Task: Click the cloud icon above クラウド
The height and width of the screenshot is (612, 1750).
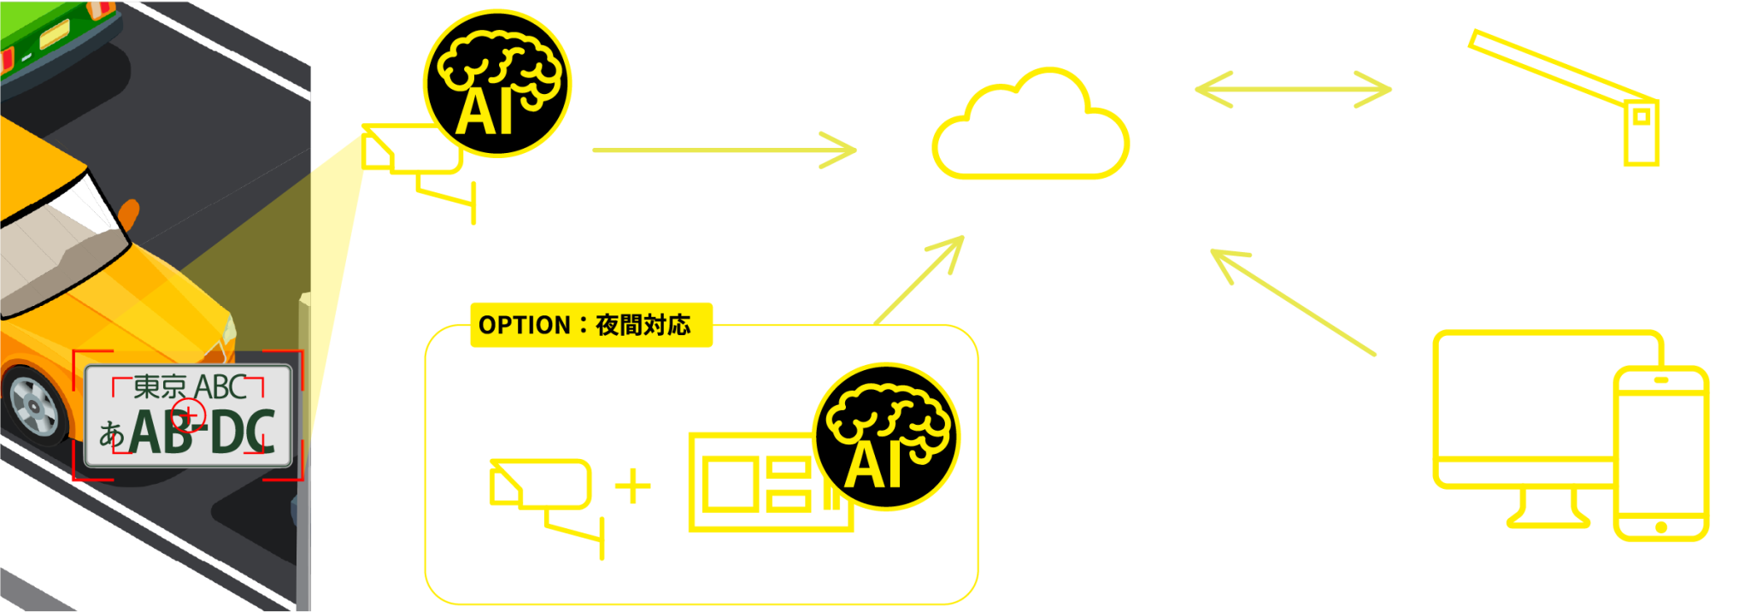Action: click(x=1031, y=128)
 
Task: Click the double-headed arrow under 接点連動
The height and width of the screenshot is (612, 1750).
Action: click(x=1293, y=89)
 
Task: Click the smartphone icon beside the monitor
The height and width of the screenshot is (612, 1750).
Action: click(x=1660, y=454)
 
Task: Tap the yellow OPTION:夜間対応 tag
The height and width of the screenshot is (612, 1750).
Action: click(x=590, y=325)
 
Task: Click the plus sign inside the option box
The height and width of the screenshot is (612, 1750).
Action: click(x=633, y=486)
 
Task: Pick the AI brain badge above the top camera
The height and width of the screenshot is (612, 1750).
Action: click(x=498, y=84)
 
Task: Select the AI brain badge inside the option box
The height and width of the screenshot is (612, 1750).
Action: click(x=886, y=437)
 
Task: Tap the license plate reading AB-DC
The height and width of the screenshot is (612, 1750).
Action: click(x=189, y=417)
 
